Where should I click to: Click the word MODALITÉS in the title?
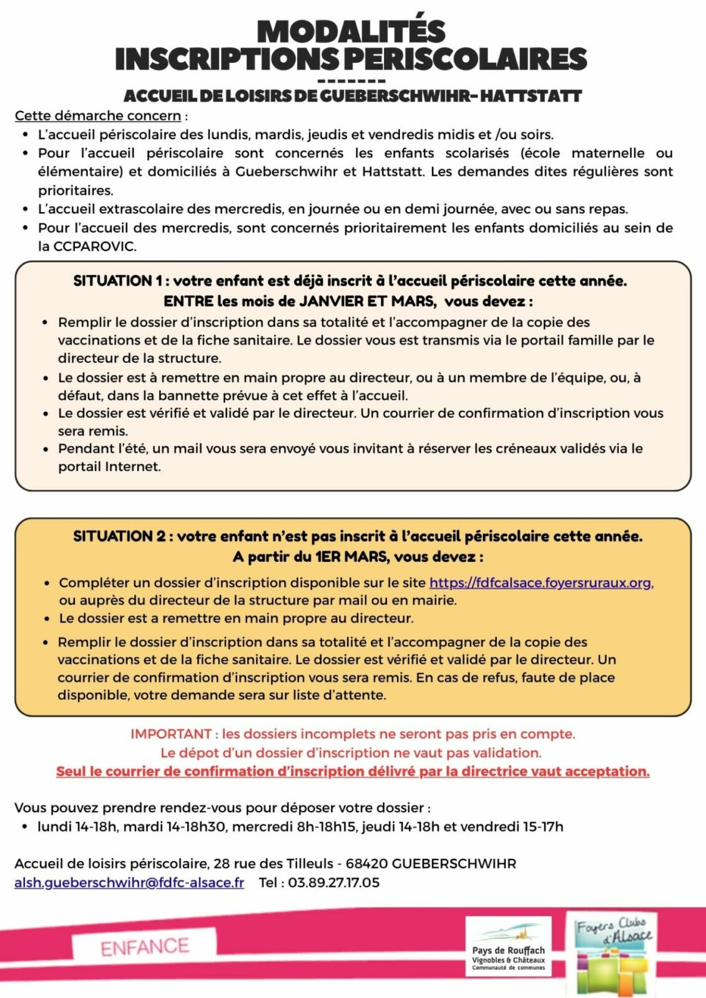[x=351, y=31]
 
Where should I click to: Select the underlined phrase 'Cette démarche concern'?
[x=98, y=115]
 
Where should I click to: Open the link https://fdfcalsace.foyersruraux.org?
[x=541, y=583]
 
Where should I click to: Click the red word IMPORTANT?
[x=171, y=734]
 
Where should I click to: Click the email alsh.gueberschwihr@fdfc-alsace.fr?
[x=129, y=883]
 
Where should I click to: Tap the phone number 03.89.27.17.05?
[x=334, y=883]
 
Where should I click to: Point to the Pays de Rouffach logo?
[x=508, y=947]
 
